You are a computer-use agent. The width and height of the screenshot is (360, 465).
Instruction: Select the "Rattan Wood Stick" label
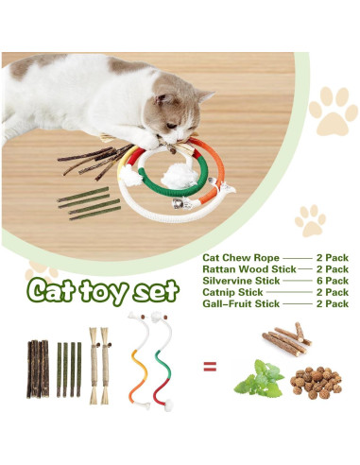[x=242, y=268]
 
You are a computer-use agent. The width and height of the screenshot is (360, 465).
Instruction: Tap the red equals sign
[x=210, y=366]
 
